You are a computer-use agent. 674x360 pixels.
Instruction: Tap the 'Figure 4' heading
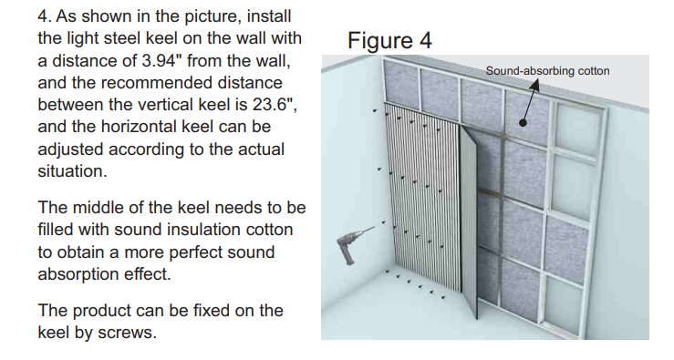coord(389,40)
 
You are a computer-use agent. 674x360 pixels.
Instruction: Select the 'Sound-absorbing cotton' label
coord(547,71)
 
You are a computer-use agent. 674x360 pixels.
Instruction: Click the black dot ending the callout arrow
coord(523,122)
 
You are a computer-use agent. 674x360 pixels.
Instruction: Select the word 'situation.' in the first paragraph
coord(72,171)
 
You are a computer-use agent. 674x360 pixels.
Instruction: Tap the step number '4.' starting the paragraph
coord(45,16)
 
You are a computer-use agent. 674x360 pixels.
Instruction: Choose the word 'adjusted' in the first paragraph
coord(70,149)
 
